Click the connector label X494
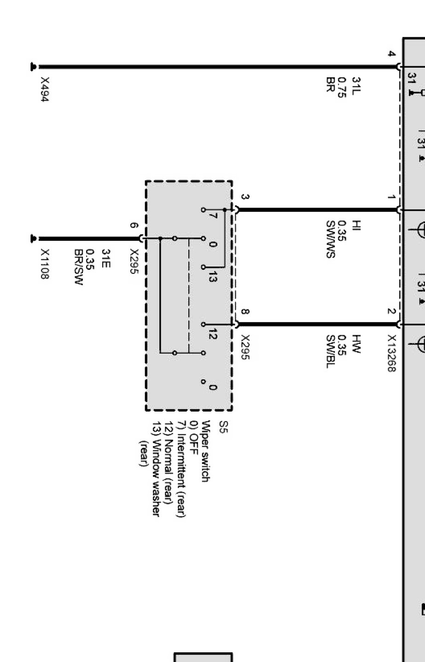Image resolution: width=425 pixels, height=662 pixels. [45, 89]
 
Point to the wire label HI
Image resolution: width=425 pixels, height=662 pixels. [356, 226]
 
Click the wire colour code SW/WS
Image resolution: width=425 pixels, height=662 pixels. [330, 239]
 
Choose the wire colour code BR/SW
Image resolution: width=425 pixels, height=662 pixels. [78, 267]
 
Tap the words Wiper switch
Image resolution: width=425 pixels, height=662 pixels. [205, 451]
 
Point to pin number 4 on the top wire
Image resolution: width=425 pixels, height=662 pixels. [391, 54]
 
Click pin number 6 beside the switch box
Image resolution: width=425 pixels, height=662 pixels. [133, 226]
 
